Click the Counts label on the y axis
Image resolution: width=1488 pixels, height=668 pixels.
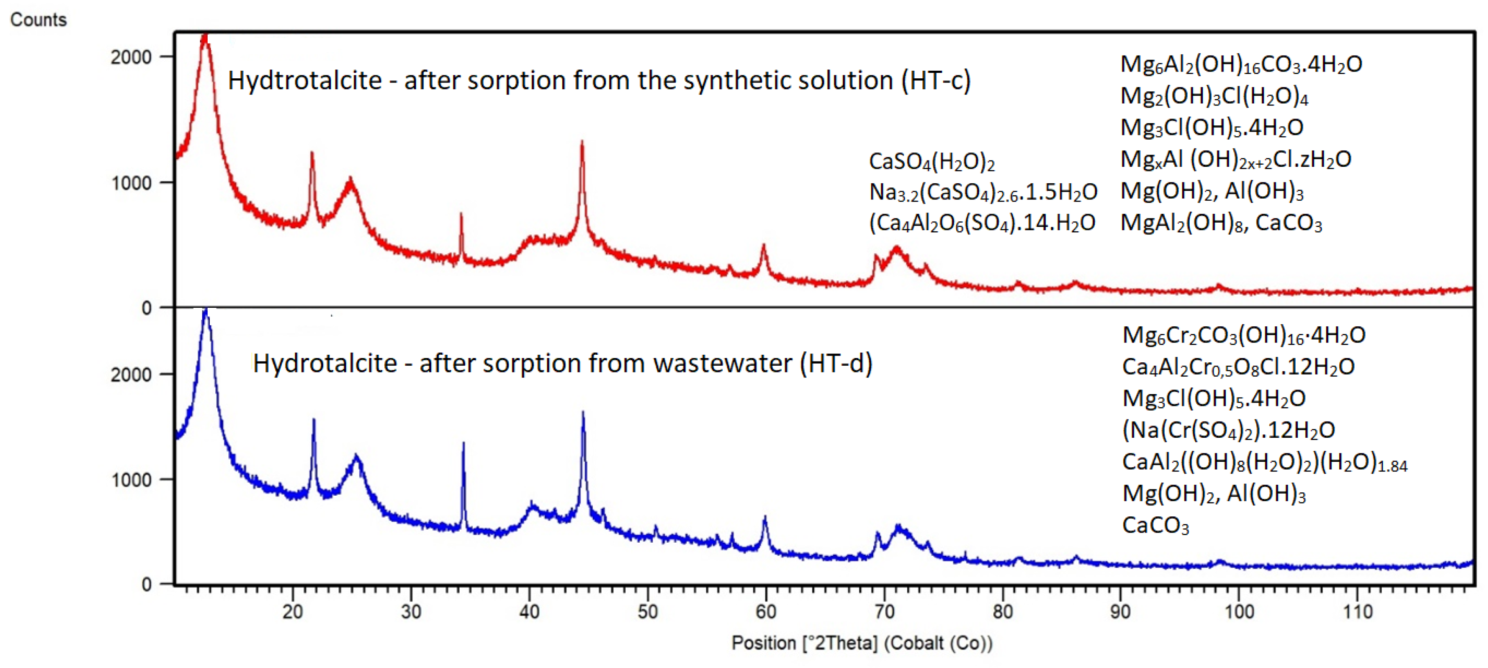pyautogui.click(x=39, y=19)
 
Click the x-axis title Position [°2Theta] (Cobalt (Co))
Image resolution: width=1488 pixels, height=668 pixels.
pyautogui.click(x=862, y=643)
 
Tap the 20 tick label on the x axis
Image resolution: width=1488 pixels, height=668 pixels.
pyautogui.click(x=293, y=611)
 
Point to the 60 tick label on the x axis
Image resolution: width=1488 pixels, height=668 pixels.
pyautogui.click(x=766, y=611)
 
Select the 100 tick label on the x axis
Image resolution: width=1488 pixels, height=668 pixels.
pyautogui.click(x=1238, y=611)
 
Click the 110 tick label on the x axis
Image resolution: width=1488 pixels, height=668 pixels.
pyautogui.click(x=1357, y=611)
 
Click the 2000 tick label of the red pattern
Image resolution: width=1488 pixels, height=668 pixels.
pyautogui.click(x=131, y=57)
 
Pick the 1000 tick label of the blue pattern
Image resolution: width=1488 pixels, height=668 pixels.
pyautogui.click(x=131, y=480)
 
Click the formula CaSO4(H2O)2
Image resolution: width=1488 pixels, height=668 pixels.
pyautogui.click(x=932, y=162)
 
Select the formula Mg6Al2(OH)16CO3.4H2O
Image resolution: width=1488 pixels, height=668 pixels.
pyautogui.click(x=1241, y=64)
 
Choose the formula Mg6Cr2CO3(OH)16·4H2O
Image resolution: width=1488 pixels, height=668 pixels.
pyautogui.click(x=1244, y=335)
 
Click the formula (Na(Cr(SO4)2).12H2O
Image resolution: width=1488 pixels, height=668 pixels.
pyautogui.click(x=1228, y=430)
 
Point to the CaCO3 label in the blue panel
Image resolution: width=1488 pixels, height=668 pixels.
pyautogui.click(x=1155, y=525)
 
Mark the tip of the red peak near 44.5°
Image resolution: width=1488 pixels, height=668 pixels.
pyautogui.click(x=582, y=142)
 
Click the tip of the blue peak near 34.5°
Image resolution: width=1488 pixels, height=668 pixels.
pyautogui.click(x=463, y=443)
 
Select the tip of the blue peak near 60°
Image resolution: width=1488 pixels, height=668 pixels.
pyautogui.click(x=765, y=517)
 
